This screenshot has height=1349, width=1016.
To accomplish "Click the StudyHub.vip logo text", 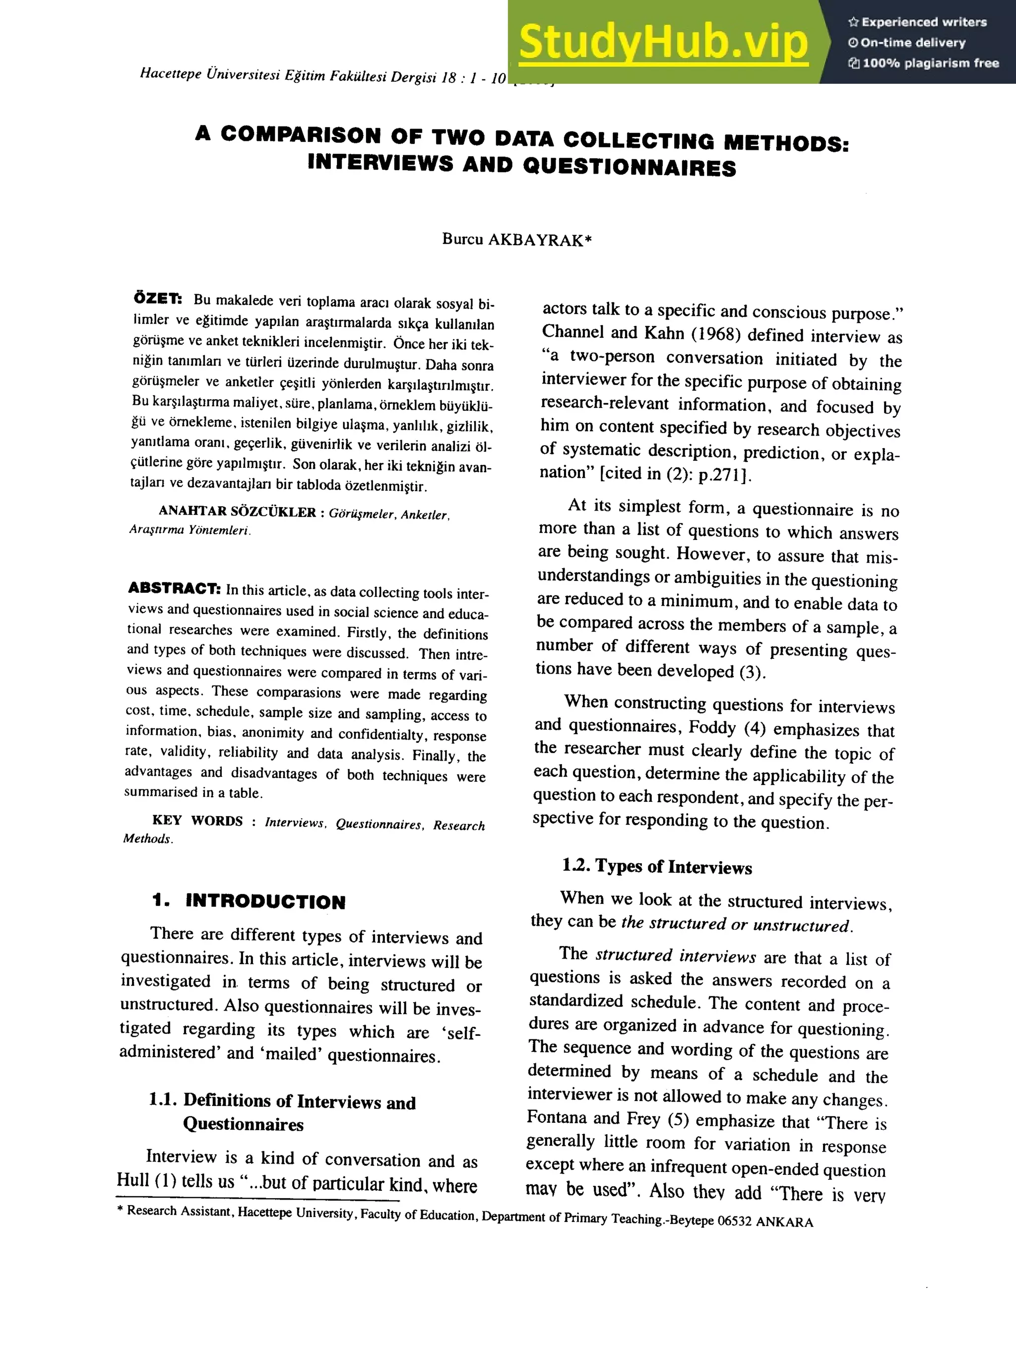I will [x=663, y=42].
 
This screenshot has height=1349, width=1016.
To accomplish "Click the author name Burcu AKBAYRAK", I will [x=516, y=240].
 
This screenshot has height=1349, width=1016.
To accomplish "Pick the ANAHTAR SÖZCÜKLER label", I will [x=237, y=512].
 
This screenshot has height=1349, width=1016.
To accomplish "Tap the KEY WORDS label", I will [x=197, y=820].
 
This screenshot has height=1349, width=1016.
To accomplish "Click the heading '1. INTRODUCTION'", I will [x=249, y=901].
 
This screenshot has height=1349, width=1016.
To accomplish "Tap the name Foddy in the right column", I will [x=712, y=727].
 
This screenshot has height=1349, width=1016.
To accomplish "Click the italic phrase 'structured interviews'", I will [x=676, y=956].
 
